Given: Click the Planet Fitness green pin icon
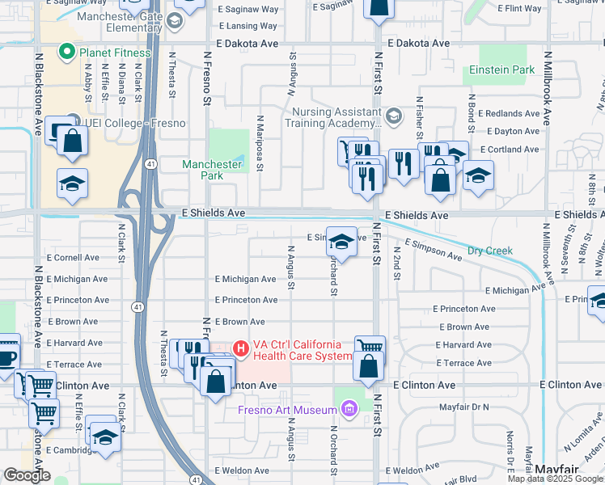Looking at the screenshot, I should point(69,53).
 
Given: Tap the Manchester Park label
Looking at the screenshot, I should point(211,170).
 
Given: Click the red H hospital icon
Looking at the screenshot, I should point(240,349).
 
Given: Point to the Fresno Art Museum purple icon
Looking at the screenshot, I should point(349,410).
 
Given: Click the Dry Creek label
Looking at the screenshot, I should point(491,251).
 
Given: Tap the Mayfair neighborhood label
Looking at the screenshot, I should point(556,470).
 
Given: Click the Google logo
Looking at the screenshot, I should point(27,475).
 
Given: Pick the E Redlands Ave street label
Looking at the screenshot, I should point(509,114).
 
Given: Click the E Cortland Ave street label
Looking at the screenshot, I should point(510,150).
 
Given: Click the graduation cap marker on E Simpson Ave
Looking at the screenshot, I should point(341,241).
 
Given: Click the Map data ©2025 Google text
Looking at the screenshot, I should point(555,479).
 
